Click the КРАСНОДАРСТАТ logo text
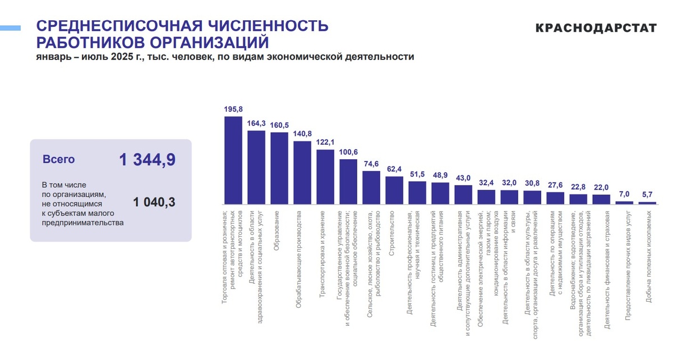pos(596,28)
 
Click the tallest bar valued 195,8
pos(233,160)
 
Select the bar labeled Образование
pos(279,168)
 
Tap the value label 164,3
pos(256,123)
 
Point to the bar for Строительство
pos(394,191)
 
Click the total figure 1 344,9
pos(147,160)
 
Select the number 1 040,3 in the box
pos(154,202)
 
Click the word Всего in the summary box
pos(59,160)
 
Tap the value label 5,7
pos(647,195)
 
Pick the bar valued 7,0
pos(624,202)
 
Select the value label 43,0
pos(463,178)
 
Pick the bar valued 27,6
pos(555,198)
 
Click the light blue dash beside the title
pos(10,27)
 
